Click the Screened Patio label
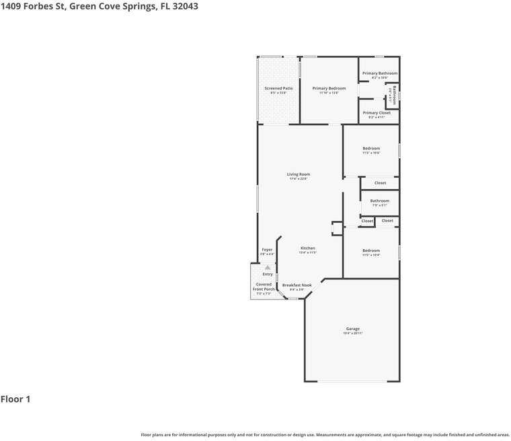click(x=278, y=88)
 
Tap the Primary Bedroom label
click(x=329, y=88)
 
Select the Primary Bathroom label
click(x=380, y=73)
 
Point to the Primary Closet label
click(x=377, y=112)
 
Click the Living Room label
click(x=299, y=174)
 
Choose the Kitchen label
click(x=308, y=248)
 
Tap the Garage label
click(x=353, y=329)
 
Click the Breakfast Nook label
click(x=297, y=285)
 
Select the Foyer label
click(x=267, y=249)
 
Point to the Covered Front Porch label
click(x=264, y=286)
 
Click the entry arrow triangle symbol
click(x=268, y=267)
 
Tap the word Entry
click(x=268, y=274)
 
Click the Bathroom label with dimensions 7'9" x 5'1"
click(x=380, y=201)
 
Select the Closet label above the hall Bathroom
click(x=380, y=183)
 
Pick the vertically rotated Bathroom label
click(x=395, y=90)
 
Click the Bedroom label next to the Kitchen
click(x=371, y=250)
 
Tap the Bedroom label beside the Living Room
click(x=371, y=148)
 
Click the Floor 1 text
click(x=15, y=399)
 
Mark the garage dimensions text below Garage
click(x=353, y=333)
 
